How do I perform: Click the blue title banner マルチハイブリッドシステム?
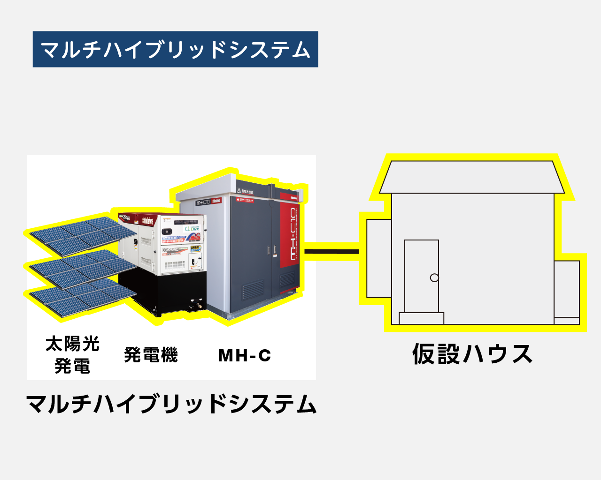click(175, 49)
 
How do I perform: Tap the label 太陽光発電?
click(72, 355)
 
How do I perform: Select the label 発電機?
click(151, 355)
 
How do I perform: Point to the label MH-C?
click(245, 355)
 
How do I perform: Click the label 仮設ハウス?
click(472, 354)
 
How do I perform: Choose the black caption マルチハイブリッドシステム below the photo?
click(171, 404)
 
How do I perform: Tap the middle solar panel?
click(80, 267)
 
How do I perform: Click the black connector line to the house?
click(331, 252)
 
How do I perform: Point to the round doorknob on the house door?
click(434, 278)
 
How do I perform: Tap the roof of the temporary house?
click(471, 177)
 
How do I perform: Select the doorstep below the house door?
click(421, 318)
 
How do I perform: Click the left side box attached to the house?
click(378, 258)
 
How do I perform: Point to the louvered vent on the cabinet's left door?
click(253, 290)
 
